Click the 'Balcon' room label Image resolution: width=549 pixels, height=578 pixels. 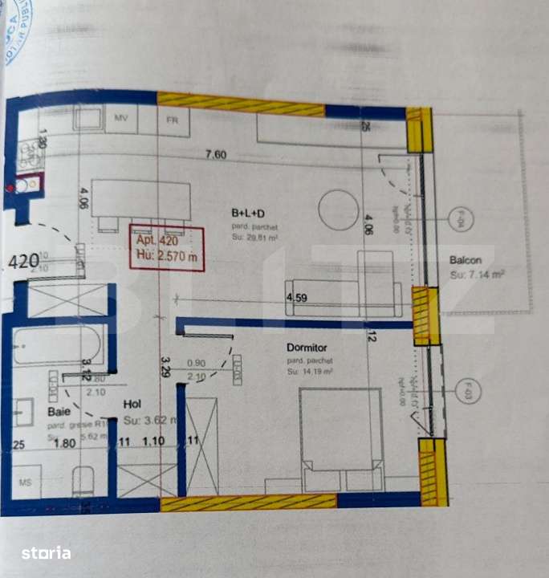point(466,260)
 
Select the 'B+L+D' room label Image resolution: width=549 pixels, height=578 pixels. point(248,214)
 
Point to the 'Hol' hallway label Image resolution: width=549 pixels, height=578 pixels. point(132,405)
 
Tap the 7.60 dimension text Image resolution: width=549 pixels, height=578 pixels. point(216,155)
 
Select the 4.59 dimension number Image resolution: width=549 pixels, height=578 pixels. point(297,298)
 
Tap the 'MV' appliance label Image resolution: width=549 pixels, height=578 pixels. point(121,119)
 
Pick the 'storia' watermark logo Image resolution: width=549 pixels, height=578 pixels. point(46,552)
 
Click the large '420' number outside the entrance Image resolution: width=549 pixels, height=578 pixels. point(24,261)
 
